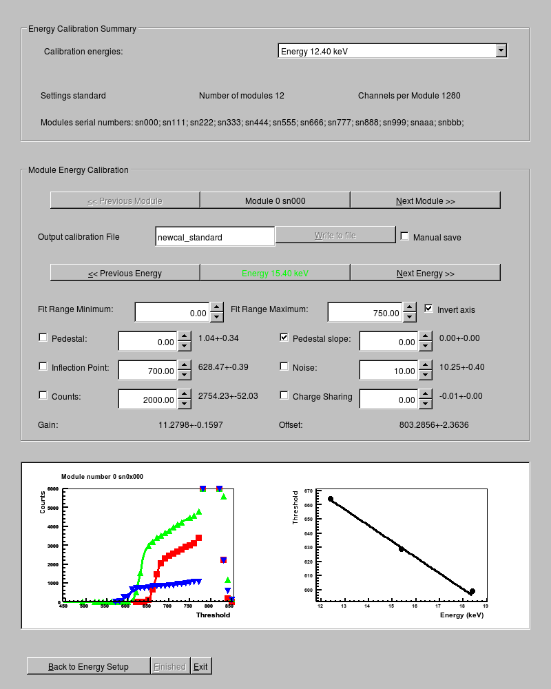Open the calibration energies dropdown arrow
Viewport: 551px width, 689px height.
(x=501, y=50)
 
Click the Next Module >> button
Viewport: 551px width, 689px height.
(x=425, y=200)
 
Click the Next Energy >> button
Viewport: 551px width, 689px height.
(x=425, y=273)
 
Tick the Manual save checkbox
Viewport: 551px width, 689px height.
(x=405, y=236)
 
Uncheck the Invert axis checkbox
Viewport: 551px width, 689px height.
(x=428, y=309)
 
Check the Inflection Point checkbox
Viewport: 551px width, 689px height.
(x=43, y=367)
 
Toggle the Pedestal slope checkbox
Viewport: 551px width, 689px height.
(x=284, y=338)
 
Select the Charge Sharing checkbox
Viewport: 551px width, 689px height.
(x=284, y=395)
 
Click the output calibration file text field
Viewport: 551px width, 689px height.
(x=215, y=237)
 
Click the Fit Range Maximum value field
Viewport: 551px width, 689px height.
(x=365, y=313)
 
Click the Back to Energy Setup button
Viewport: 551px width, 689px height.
(x=88, y=666)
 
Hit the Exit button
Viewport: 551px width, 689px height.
(x=200, y=666)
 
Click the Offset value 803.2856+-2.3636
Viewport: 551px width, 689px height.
(x=434, y=424)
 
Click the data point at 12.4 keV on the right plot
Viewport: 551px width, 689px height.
(x=331, y=499)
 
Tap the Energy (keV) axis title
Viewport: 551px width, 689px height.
(x=461, y=615)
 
